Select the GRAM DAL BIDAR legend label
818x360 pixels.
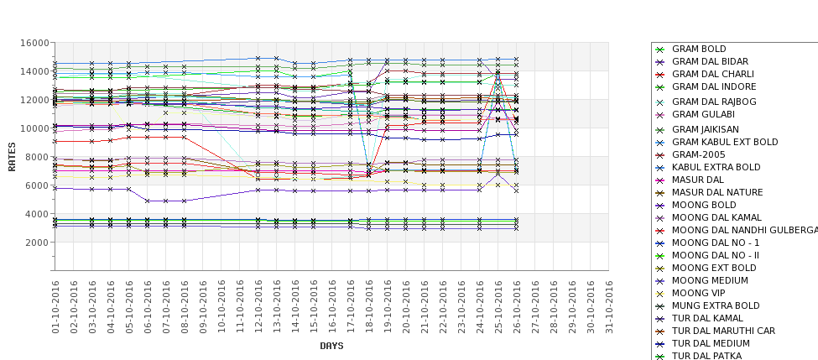pyautogui.click(x=710, y=62)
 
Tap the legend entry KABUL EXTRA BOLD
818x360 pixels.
pyautogui.click(x=716, y=167)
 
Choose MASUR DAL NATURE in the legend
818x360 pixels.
pyautogui.click(x=717, y=193)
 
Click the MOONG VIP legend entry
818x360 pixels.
pyautogui.click(x=699, y=293)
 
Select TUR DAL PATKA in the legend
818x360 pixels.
pyautogui.click(x=706, y=356)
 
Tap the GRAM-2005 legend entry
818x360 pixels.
pyautogui.click(x=698, y=154)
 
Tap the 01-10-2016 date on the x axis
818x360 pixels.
pyautogui.click(x=55, y=306)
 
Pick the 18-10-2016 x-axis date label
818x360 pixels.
pyautogui.click(x=368, y=306)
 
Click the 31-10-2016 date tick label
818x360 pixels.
pyautogui.click(x=608, y=306)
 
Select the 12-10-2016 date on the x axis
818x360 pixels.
pyautogui.click(x=258, y=306)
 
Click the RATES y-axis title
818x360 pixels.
pyautogui.click(x=12, y=156)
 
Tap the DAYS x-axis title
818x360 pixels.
pyautogui.click(x=331, y=346)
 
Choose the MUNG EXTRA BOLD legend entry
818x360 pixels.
pyautogui.click(x=716, y=305)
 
